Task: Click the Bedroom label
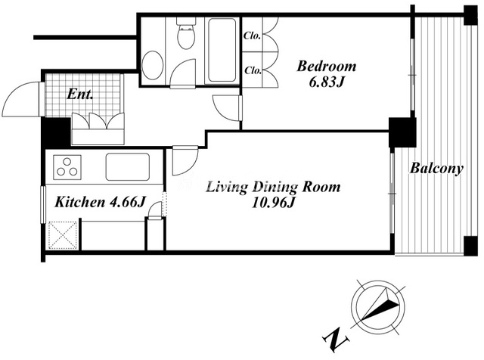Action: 327,67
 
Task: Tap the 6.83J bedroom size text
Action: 326,82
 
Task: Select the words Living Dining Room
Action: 273,187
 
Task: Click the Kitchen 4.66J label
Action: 100,203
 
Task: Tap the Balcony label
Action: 436,169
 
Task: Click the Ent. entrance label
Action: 80,95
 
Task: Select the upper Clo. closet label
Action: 253,36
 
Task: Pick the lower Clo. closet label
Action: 253,70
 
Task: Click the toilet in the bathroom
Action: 186,34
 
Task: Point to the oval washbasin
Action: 153,66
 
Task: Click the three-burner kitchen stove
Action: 67,167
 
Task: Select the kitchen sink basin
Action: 128,166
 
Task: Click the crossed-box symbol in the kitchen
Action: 63,234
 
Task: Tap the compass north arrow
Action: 380,304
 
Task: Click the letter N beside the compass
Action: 336,340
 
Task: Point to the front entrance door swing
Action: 21,99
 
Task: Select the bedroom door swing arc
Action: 226,108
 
